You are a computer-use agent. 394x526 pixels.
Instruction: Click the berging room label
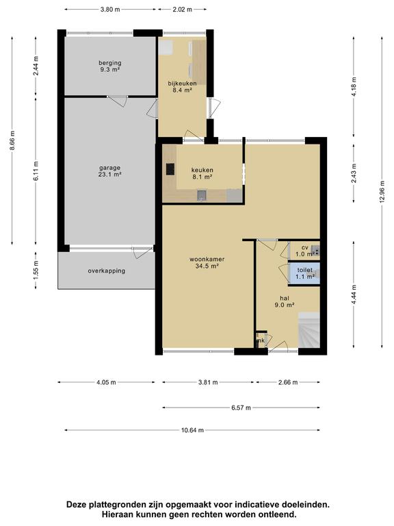[110, 66]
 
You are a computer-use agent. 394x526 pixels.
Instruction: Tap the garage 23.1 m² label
[109, 171]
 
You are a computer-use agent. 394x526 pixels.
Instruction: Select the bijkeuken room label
[182, 86]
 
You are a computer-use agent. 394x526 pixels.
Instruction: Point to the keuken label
[202, 173]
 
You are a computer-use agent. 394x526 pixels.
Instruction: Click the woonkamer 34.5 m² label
[207, 263]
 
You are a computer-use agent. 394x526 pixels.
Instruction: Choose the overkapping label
[107, 271]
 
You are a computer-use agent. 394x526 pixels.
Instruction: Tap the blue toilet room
[304, 273]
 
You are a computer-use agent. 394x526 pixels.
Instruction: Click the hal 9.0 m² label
[285, 301]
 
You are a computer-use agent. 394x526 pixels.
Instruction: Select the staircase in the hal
[309, 330]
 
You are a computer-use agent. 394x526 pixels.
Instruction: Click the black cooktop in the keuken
[170, 169]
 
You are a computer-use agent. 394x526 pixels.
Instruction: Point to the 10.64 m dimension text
[192, 430]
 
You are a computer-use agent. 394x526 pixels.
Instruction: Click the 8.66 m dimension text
[12, 141]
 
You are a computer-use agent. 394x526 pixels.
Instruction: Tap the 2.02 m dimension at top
[182, 10]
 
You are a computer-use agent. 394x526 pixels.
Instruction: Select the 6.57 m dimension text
[241, 408]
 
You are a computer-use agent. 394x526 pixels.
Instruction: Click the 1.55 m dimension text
[36, 270]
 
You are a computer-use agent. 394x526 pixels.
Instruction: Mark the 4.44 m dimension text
[354, 295]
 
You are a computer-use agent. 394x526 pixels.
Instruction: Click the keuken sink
[201, 195]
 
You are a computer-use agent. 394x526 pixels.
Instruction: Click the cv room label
[304, 247]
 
